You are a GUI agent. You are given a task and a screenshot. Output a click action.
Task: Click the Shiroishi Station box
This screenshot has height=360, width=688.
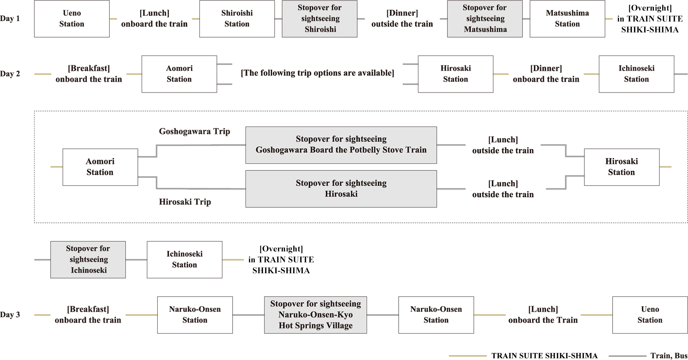237,19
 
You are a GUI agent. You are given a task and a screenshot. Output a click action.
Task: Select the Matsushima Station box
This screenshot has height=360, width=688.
567,19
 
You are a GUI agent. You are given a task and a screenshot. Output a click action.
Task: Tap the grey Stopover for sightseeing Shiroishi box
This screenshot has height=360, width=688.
319,19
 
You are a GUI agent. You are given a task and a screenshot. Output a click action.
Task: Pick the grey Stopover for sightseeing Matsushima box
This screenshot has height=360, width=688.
485,19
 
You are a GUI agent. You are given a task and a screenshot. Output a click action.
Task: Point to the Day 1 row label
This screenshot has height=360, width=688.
10,19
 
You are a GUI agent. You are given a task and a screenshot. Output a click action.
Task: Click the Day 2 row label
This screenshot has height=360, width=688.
10,74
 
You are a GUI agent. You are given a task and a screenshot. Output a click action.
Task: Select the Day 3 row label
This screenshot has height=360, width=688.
10,315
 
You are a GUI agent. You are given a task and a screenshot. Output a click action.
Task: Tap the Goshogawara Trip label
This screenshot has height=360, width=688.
194,132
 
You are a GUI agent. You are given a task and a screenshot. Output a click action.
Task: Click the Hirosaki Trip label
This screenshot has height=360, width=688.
185,202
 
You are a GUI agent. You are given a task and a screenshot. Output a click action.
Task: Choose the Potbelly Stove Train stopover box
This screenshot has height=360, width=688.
341,145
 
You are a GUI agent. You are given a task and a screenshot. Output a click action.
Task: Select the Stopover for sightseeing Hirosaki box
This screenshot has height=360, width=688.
341,189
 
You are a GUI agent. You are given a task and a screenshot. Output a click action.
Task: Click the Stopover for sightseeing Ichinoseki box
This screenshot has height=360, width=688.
88,260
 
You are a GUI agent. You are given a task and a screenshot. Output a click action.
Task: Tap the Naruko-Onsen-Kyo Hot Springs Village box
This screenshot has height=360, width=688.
315,315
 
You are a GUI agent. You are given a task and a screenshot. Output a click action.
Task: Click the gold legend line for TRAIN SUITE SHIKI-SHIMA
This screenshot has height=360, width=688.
468,356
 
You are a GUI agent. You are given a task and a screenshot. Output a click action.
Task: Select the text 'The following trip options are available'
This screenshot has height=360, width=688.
317,73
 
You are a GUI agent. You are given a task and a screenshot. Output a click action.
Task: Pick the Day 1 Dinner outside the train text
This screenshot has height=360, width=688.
402,19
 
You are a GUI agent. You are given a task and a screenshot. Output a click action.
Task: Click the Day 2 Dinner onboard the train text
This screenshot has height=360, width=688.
546,74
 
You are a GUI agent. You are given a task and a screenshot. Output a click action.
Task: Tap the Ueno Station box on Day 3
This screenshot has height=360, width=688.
650,315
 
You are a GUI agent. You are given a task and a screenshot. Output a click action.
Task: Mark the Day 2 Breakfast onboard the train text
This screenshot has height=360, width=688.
89,74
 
